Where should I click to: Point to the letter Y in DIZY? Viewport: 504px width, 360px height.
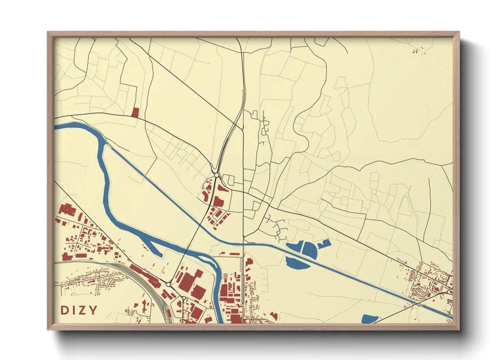(x=93, y=310)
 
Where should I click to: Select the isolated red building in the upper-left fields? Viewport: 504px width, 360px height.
(x=136, y=113)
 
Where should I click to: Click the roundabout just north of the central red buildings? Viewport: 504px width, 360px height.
(x=217, y=175)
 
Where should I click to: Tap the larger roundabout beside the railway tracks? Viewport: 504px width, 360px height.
(x=168, y=284)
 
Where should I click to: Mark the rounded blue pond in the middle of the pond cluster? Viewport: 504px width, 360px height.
(x=310, y=249)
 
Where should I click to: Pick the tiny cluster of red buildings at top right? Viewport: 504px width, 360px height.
(x=419, y=51)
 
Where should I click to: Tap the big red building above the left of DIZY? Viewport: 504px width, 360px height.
(x=67, y=209)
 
